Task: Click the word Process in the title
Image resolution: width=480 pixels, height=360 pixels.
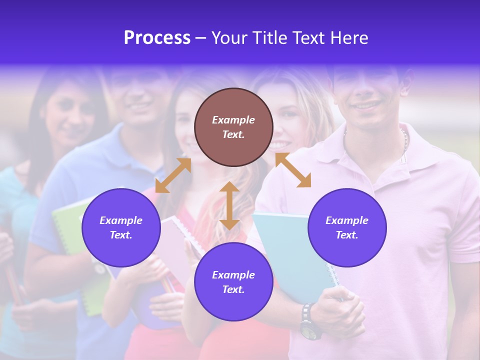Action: point(157,38)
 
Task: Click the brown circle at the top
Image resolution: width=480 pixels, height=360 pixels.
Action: point(233,127)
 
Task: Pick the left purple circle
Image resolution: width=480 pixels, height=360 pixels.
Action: point(121,227)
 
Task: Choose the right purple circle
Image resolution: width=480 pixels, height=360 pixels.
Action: point(347,227)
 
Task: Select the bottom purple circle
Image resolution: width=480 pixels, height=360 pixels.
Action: point(233,282)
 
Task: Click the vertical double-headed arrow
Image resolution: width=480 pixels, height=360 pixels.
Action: point(229,205)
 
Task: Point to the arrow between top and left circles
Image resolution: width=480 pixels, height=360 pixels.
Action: point(173,175)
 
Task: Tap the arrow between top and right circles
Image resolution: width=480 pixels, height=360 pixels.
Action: point(293,170)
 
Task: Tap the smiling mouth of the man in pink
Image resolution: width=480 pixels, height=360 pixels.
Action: point(366,105)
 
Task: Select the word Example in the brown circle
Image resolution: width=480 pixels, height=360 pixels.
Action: point(233,120)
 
